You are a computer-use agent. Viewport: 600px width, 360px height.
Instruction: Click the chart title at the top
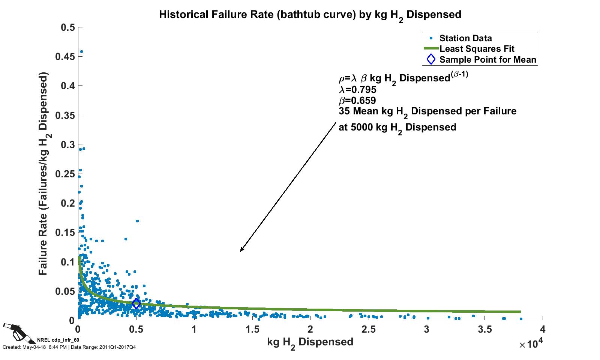tap(310, 15)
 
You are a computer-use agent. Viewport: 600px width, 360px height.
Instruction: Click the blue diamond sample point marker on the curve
tap(136, 303)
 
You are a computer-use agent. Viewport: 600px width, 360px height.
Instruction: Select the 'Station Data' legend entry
tap(465, 38)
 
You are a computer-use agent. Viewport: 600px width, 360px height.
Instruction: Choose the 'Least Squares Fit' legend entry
tap(477, 49)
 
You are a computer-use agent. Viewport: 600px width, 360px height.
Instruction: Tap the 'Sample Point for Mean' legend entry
tap(487, 60)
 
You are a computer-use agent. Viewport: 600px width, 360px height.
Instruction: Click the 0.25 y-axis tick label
tap(68, 174)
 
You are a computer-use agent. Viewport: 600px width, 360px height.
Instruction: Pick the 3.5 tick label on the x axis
tap(484, 330)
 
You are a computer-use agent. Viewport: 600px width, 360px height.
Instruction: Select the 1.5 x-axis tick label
tap(252, 330)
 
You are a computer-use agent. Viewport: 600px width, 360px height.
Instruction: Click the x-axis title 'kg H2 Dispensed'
tap(310, 342)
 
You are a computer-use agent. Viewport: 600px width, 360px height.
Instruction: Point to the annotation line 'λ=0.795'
tap(357, 90)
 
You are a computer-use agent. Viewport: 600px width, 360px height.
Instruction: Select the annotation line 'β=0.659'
tap(357, 100)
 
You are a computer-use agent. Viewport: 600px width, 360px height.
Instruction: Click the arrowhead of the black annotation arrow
tap(241, 250)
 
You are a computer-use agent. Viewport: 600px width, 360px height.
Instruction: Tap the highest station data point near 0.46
tap(81, 52)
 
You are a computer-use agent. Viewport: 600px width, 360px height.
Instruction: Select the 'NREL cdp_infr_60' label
tap(58, 340)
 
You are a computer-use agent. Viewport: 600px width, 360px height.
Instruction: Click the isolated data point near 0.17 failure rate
tap(137, 221)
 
